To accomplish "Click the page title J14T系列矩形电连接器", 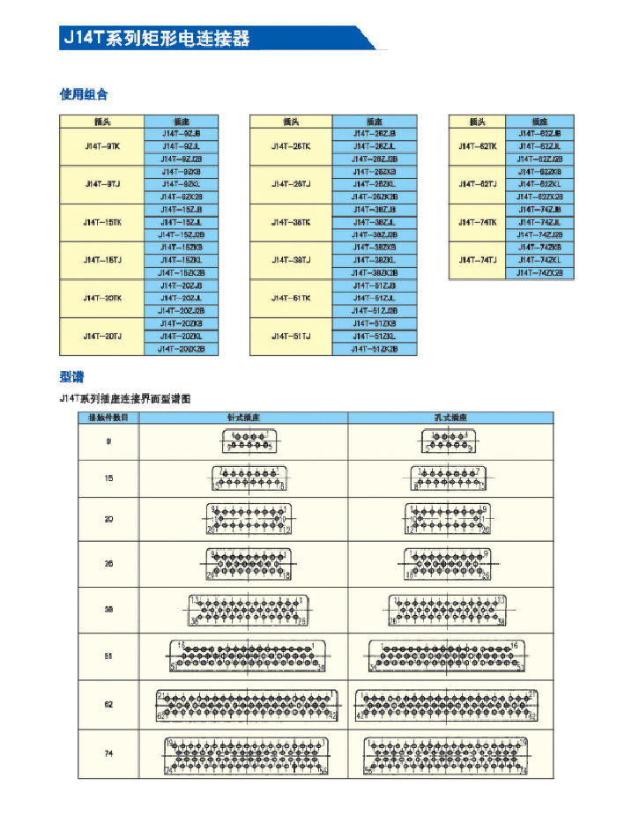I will click(155, 39).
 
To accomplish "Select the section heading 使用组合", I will click(83, 94).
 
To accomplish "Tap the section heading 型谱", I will click(71, 377).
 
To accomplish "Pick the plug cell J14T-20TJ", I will click(101, 337).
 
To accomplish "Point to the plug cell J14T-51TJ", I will click(291, 337).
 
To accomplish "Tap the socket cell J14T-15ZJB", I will click(182, 210).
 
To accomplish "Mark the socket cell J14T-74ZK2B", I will click(537, 273).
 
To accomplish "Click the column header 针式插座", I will click(243, 417).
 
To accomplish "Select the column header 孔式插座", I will click(451, 417).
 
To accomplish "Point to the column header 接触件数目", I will click(108, 417).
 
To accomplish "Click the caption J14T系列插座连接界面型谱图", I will click(124, 399).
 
